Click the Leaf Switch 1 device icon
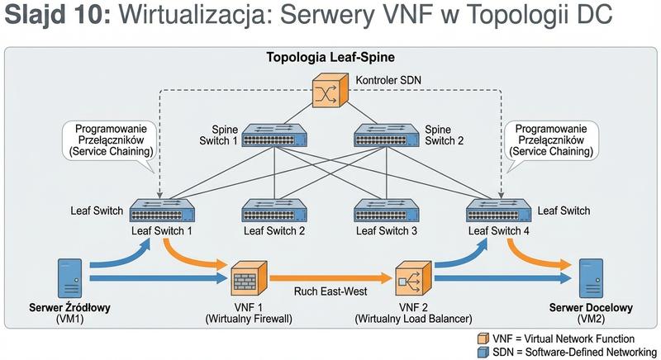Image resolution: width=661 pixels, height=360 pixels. tap(162, 211)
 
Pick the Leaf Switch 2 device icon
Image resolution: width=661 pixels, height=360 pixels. tap(274, 211)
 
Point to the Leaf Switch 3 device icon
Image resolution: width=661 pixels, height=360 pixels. tap(386, 211)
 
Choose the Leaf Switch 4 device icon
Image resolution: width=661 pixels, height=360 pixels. tap(497, 211)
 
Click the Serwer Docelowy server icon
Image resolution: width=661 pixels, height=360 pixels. tap(590, 277)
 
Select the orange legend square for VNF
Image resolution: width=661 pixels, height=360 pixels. tap(483, 339)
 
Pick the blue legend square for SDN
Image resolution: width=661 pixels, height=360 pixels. tap(483, 352)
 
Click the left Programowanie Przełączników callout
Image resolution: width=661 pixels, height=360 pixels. tap(112, 140)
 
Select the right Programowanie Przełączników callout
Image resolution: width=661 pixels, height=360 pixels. tap(550, 140)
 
